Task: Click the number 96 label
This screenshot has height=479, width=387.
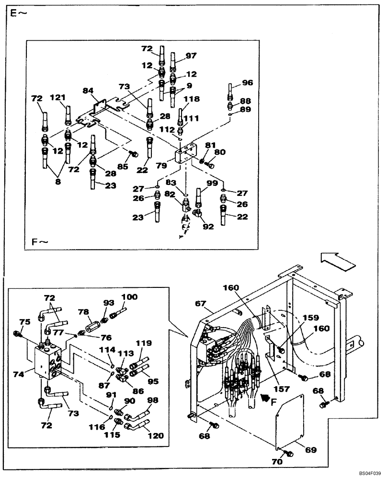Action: (x=247, y=82)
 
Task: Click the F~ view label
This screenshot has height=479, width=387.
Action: (x=41, y=242)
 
